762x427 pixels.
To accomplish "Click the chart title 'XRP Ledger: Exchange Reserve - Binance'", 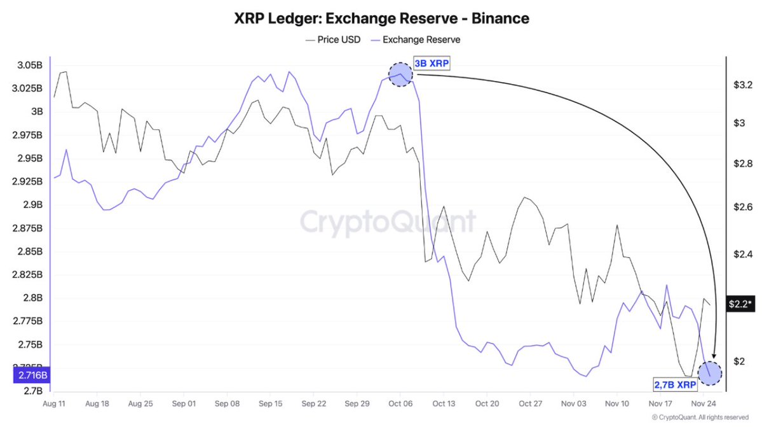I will point(381,18).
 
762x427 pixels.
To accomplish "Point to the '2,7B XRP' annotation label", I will point(674,385).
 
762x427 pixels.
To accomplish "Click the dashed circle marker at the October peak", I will point(400,74).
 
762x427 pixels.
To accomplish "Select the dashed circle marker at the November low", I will point(709,373).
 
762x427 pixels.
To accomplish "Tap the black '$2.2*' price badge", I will point(741,303).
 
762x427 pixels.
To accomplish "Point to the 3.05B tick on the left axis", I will point(29,66).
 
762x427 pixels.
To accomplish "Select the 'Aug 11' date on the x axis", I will point(54,404).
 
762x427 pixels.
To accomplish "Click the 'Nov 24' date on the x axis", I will point(704,404).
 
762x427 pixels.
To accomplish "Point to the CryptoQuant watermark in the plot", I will point(387,222).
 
